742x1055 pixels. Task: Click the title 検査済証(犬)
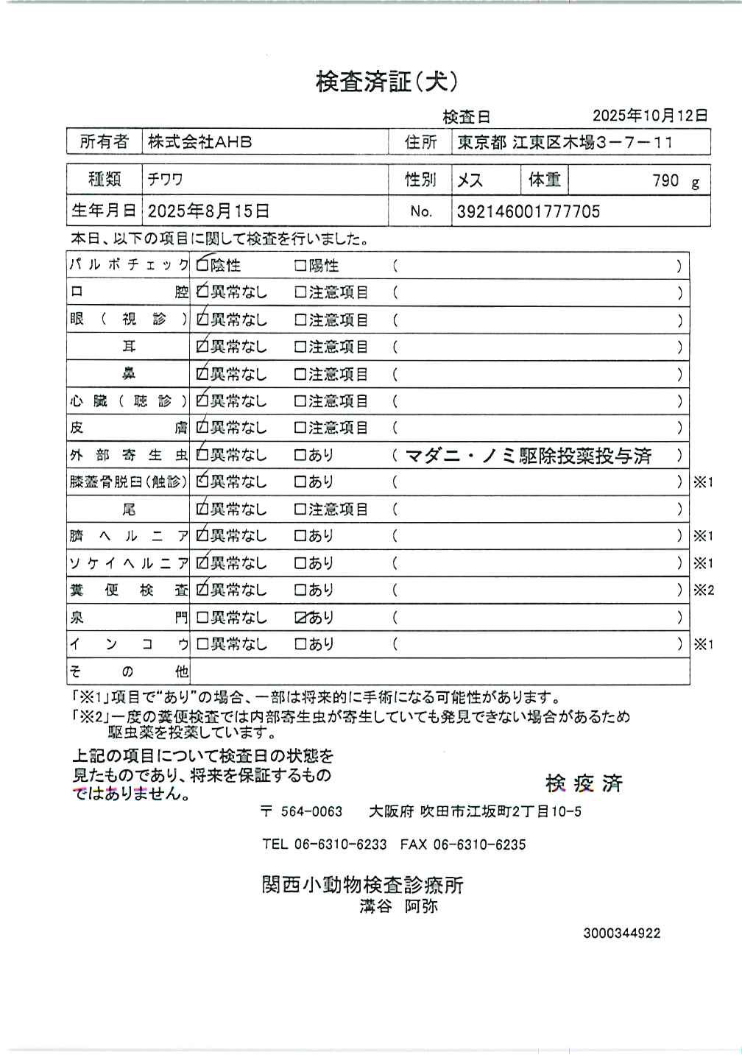(x=387, y=82)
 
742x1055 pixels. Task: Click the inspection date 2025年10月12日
(x=650, y=116)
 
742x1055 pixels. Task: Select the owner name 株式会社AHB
(x=199, y=141)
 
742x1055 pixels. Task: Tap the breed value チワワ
(x=165, y=179)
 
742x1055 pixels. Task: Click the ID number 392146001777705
(x=529, y=212)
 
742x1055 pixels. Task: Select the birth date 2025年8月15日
(x=209, y=212)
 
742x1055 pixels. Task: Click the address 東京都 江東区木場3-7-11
(x=565, y=142)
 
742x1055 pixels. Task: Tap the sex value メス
(x=470, y=180)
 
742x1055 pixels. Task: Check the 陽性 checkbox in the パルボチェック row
(x=300, y=266)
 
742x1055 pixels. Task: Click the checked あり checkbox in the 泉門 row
(x=300, y=618)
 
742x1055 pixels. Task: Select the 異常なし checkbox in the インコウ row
(x=202, y=644)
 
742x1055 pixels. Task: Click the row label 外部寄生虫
(x=128, y=455)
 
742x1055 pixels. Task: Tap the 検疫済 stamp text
(x=584, y=783)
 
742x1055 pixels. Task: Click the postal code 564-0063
(x=311, y=812)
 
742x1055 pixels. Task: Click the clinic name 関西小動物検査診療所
(x=362, y=884)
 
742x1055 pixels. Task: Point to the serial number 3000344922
(x=622, y=934)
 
